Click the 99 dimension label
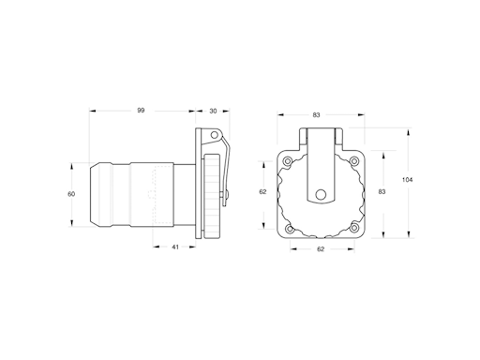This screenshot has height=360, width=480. click(141, 111)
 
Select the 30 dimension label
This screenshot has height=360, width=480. click(213, 111)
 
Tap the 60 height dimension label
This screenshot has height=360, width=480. click(70, 194)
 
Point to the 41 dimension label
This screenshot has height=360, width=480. click(175, 247)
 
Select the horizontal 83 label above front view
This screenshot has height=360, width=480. click(317, 114)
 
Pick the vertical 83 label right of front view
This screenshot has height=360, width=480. click(382, 191)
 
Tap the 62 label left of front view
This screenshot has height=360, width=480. click(262, 191)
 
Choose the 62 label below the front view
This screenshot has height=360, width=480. click(320, 249)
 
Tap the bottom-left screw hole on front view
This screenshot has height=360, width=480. click(289, 229)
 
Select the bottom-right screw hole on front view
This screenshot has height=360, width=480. click(353, 229)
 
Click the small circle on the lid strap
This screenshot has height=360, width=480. click(321, 195)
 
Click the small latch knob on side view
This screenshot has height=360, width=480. click(227, 194)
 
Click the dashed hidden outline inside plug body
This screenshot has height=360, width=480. click(153, 195)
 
